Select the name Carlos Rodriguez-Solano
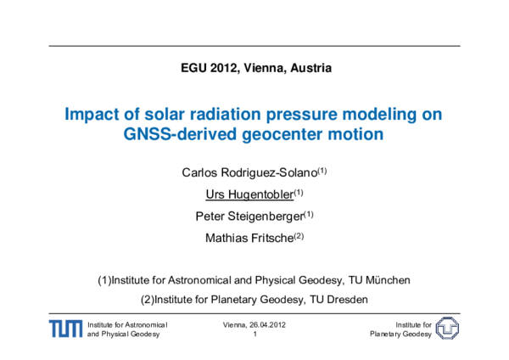coord(249,172)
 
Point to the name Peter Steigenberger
coord(249,216)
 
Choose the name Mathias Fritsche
coord(249,237)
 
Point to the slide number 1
coord(255,334)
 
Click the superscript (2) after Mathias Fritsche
coord(298,235)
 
